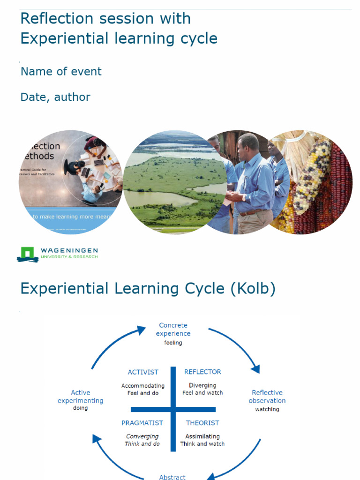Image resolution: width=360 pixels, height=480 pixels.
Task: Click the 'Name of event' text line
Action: [x=61, y=72]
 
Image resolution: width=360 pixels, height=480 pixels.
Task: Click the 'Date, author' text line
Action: [x=55, y=97]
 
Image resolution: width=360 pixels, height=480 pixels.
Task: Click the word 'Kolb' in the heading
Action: [x=252, y=289]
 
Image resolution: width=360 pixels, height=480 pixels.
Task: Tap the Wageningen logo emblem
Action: [x=27, y=254]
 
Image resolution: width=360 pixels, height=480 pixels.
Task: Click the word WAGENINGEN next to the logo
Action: [x=69, y=251]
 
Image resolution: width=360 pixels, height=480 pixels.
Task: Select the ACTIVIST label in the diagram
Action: [x=143, y=372]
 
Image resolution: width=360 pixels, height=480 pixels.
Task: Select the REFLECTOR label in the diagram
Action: [x=202, y=372]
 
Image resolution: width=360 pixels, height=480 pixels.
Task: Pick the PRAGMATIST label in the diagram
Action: [x=142, y=423]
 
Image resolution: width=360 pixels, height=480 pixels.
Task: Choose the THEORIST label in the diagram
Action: [x=202, y=423]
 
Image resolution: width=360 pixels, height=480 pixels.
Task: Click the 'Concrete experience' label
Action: [x=173, y=330]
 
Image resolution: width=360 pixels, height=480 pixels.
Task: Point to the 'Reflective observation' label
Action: [x=267, y=397]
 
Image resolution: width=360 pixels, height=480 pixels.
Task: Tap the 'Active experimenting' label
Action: [x=81, y=397]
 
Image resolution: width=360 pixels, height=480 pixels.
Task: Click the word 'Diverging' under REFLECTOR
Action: [x=202, y=385]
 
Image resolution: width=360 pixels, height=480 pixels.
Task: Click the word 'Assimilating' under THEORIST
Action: [x=202, y=436]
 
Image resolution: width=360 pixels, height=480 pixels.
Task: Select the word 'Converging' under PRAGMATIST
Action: [x=142, y=436]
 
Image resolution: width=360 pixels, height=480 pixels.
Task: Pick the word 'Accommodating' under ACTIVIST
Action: [x=143, y=386]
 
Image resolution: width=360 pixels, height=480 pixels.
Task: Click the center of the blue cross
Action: [x=173, y=409]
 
